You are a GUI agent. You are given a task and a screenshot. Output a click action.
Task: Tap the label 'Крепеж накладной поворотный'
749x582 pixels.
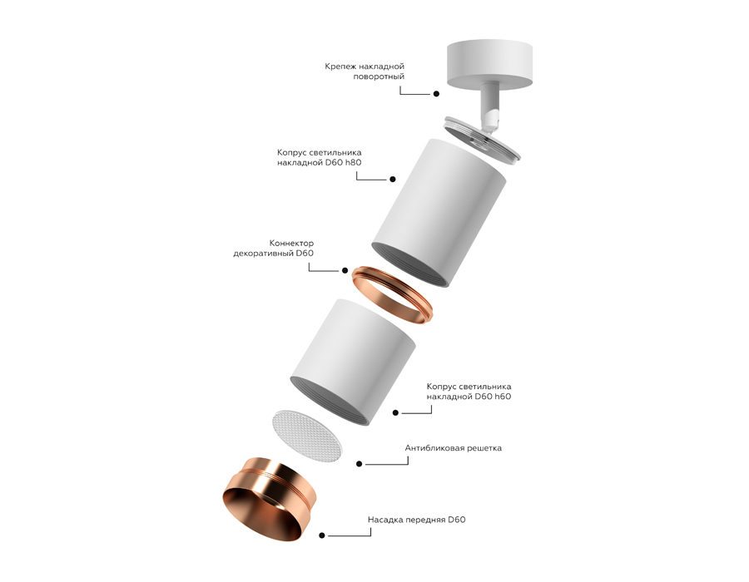(x=365, y=71)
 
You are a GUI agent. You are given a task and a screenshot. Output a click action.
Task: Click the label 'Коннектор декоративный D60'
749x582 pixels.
(x=274, y=248)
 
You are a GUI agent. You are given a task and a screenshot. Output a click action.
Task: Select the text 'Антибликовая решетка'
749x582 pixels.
(x=453, y=448)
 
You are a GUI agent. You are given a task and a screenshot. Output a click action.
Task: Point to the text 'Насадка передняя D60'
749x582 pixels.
(x=416, y=520)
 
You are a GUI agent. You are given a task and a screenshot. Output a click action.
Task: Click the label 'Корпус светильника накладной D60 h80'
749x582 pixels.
(x=319, y=158)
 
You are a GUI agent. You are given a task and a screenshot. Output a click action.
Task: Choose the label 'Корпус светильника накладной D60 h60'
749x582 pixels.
(x=469, y=392)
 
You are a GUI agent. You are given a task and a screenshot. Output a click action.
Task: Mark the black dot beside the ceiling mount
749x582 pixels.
(x=435, y=95)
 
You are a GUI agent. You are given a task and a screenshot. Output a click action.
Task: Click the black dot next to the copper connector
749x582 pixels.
(x=344, y=270)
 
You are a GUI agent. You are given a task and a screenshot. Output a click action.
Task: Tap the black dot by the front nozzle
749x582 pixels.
(x=322, y=537)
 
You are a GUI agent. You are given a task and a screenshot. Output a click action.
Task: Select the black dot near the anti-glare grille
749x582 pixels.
(x=359, y=464)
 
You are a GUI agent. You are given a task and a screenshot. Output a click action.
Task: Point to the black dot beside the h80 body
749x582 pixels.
(x=392, y=179)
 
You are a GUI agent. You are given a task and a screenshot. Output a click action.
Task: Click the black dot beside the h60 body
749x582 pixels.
(x=395, y=412)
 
